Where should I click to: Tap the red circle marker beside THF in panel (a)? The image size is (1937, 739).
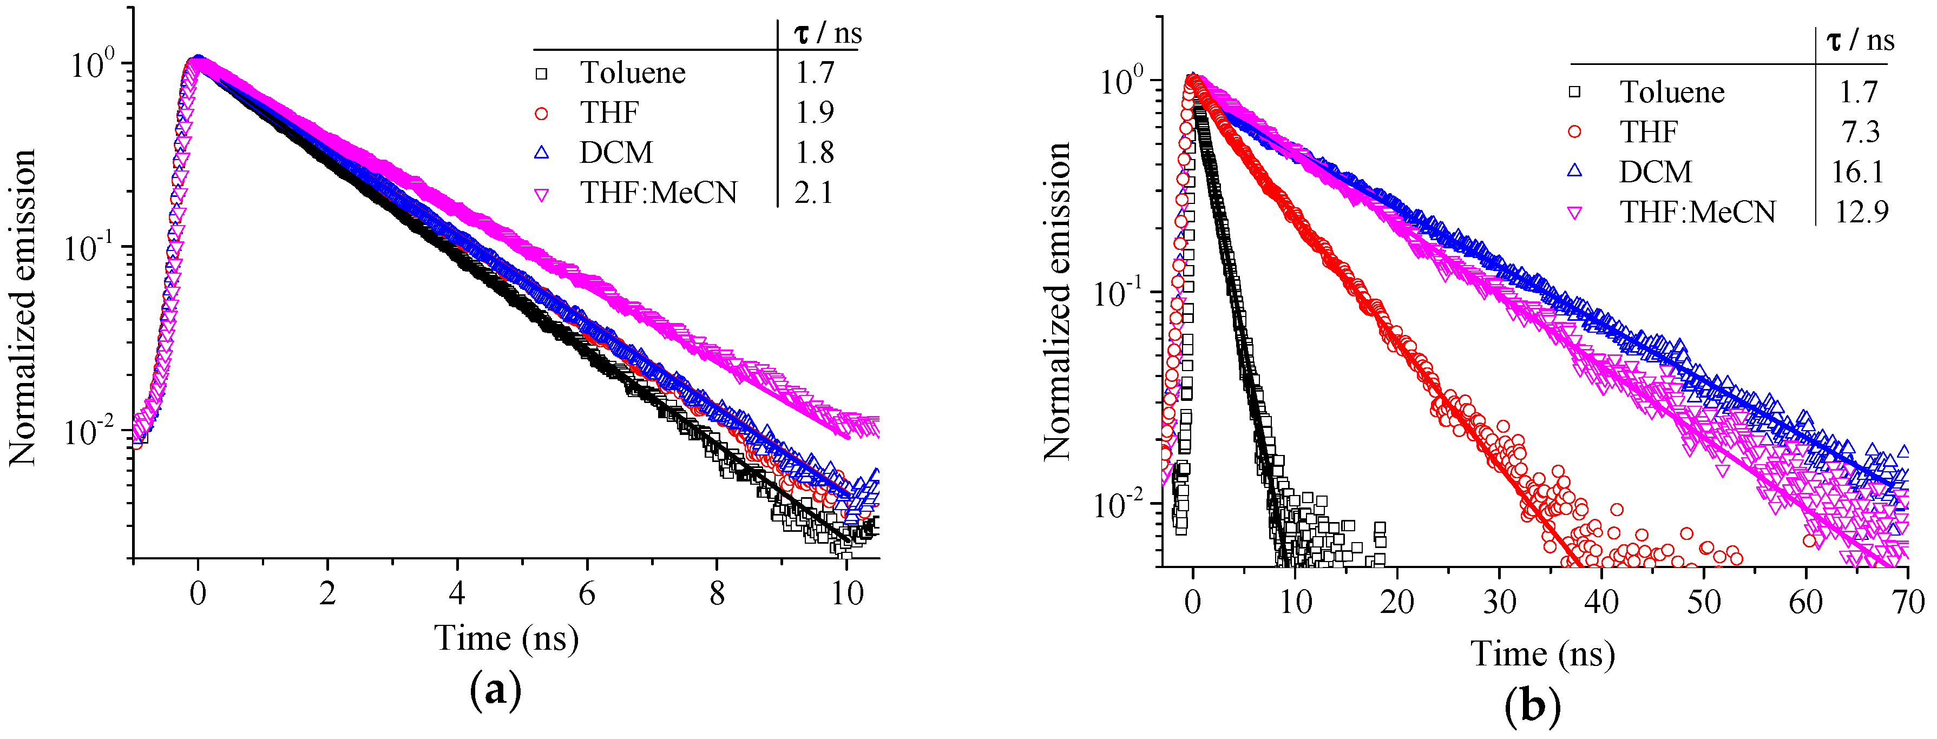(541, 114)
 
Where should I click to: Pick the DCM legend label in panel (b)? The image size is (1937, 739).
(1655, 172)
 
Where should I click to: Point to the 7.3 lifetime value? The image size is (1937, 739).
(1860, 133)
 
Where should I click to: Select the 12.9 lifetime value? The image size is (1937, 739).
(1861, 212)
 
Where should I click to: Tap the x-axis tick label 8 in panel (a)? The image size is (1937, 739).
(717, 594)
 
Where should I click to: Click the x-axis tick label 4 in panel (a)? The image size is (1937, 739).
(456, 594)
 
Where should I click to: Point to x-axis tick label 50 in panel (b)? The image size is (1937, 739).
(1703, 602)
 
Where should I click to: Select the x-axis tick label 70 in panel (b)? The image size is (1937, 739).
(1907, 602)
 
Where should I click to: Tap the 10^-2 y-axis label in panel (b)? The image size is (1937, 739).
(1118, 504)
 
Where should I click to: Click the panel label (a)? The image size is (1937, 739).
(495, 689)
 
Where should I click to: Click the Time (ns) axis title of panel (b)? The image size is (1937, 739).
(1542, 654)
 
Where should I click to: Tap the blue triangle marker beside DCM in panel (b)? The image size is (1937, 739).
(1574, 171)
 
